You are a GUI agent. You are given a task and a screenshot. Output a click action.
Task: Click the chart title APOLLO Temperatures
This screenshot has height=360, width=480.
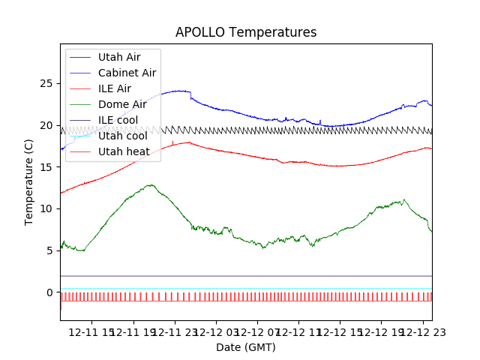(246, 32)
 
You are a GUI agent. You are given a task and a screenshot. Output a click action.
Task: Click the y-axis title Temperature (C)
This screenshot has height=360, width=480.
(29, 181)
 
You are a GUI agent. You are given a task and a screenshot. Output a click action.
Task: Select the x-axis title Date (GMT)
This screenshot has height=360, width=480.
(246, 347)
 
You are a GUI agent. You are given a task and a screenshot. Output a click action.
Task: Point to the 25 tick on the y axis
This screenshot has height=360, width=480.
(49, 83)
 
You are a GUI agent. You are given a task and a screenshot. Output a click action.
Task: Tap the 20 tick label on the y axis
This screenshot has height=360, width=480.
(49, 124)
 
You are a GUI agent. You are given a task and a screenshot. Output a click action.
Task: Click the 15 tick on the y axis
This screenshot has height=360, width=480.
(49, 166)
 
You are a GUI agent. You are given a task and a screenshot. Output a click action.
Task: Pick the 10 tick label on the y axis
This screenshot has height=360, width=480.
(49, 208)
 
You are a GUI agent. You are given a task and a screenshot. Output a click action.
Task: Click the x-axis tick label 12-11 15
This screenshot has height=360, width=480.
(92, 331)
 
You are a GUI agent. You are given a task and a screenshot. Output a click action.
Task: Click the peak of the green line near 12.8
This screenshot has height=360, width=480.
(151, 184)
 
